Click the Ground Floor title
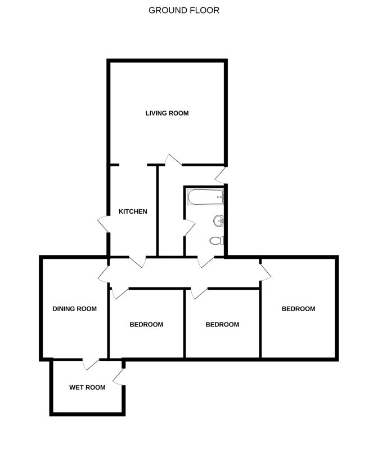184,10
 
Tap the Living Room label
167,113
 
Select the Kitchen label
133,212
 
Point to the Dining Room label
75,309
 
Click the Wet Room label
87,387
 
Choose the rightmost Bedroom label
299,309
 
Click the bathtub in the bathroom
205,197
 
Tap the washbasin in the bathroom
219,221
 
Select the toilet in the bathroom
217,241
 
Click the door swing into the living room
173,160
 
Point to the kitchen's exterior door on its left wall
104,224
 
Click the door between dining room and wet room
91,364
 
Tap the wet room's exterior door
119,377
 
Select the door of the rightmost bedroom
266,272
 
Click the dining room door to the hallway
104,274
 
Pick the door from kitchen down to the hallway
137,262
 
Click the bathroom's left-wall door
190,228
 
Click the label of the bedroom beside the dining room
146,325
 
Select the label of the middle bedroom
223,325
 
